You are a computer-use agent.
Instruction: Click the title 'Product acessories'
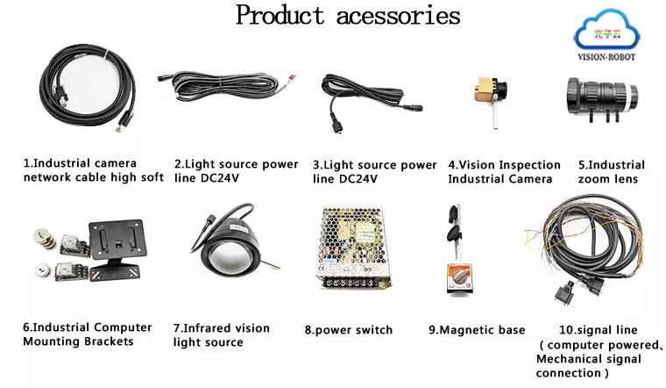[x=347, y=16]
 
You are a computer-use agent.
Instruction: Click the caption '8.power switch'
[x=348, y=330]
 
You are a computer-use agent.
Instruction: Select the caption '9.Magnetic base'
[x=477, y=330]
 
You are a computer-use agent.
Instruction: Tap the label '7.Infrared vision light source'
[x=221, y=335]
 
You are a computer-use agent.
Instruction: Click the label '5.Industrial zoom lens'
[x=611, y=172]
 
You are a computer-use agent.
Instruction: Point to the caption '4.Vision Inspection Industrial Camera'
[x=504, y=172]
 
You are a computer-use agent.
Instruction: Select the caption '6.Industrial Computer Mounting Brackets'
[x=87, y=334]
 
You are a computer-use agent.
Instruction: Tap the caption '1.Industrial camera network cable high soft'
[x=93, y=170]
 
